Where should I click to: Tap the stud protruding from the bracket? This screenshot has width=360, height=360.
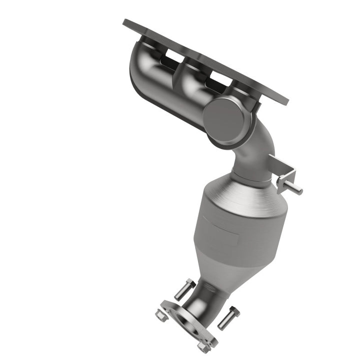[x=296, y=188]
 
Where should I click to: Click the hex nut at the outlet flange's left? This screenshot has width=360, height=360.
[x=160, y=315]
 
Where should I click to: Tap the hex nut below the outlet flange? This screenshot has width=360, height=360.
[x=202, y=345]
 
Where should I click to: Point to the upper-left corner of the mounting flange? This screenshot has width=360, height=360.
[x=126, y=23]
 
